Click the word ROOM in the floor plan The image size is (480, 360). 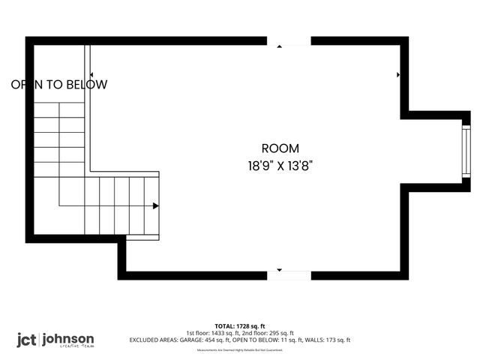click(280, 148)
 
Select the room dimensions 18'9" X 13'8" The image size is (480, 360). click(280, 166)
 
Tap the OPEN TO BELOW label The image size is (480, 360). click(59, 85)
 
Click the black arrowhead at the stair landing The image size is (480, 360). click(155, 205)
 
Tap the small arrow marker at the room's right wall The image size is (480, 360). click(397, 75)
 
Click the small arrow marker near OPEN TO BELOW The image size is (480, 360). click(91, 74)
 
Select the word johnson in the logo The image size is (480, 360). click(69, 338)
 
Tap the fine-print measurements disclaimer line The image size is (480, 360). click(239, 349)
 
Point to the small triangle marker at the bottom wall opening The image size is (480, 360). click(279, 269)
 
